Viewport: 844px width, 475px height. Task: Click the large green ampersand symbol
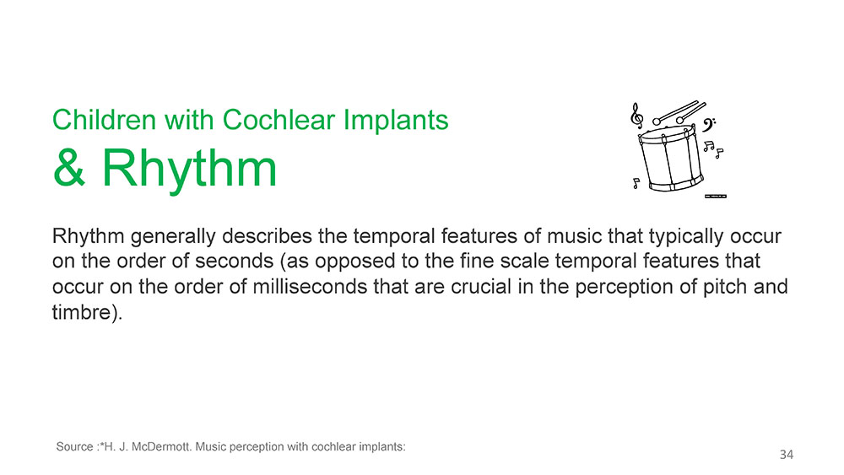69,167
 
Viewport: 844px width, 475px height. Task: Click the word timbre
83,312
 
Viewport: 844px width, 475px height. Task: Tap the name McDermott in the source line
160,446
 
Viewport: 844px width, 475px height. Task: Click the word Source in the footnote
75,446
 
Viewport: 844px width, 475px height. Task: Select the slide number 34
787,455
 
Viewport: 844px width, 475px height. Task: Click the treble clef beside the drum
636,116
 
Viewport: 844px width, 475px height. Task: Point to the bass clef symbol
708,126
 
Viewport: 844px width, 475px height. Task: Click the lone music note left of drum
636,183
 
